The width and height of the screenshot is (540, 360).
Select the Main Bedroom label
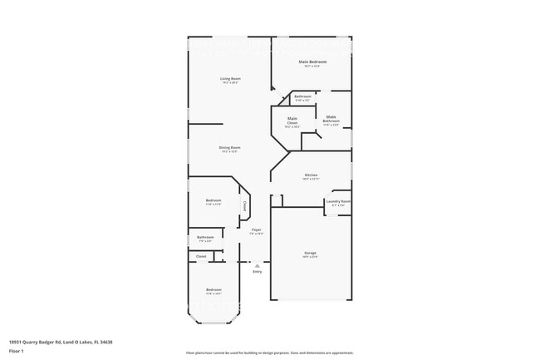pyautogui.click(x=312, y=62)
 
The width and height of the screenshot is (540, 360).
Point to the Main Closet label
pyautogui.click(x=292, y=122)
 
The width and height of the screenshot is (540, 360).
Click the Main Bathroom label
pyautogui.click(x=331, y=119)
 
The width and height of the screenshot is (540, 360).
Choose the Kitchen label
pyautogui.click(x=311, y=175)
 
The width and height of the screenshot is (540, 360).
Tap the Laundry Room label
pyautogui.click(x=337, y=201)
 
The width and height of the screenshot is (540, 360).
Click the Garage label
pyautogui.click(x=310, y=253)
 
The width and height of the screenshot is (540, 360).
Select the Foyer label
pyautogui.click(x=257, y=229)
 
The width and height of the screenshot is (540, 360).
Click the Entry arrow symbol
pyautogui.click(x=257, y=265)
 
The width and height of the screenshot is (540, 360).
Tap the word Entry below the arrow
pyautogui.click(x=257, y=271)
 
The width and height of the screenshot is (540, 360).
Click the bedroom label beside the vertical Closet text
pyautogui.click(x=214, y=200)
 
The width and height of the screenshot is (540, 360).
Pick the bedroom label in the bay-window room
pyautogui.click(x=214, y=289)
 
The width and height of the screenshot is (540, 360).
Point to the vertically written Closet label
pyautogui.click(x=244, y=205)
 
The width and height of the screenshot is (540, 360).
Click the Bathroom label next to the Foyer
pyautogui.click(x=205, y=237)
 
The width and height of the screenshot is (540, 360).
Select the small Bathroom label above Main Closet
pyautogui.click(x=302, y=96)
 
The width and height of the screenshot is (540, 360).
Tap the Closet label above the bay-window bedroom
pyautogui.click(x=201, y=256)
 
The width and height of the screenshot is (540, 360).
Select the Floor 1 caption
pyautogui.click(x=16, y=351)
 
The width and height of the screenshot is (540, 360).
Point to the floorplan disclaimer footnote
pyautogui.click(x=269, y=353)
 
